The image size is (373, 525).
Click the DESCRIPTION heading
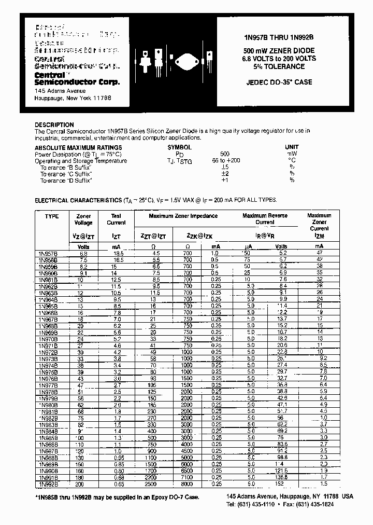click(x=54, y=125)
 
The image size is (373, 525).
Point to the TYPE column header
click(x=52, y=216)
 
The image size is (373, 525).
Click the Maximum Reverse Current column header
click(x=265, y=218)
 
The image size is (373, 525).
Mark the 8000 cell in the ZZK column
click(x=187, y=483)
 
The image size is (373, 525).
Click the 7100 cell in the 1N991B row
click(x=187, y=477)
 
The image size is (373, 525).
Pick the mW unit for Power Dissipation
click(x=292, y=154)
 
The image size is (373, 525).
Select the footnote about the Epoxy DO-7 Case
click(x=117, y=497)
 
